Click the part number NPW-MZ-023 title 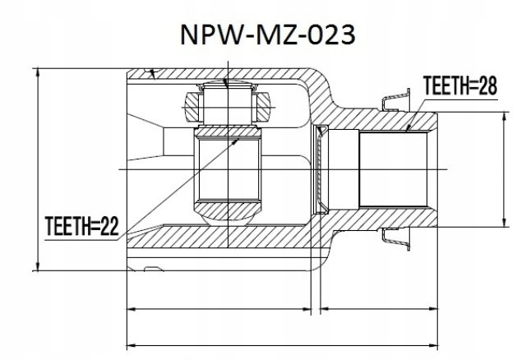click(x=262, y=35)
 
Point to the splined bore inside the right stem click(x=394, y=168)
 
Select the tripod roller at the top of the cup click(x=225, y=105)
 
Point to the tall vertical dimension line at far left click(x=37, y=168)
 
